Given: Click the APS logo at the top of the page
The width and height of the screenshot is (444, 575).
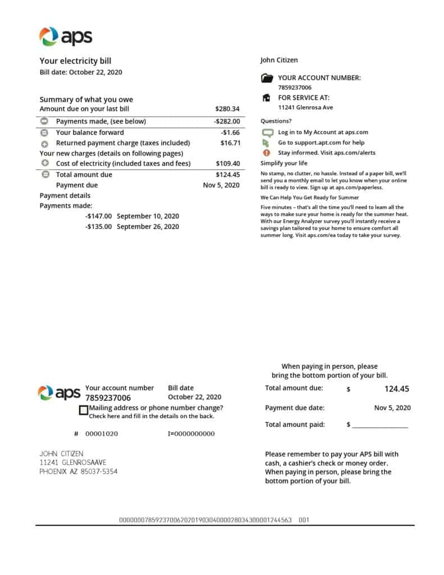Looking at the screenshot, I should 65,36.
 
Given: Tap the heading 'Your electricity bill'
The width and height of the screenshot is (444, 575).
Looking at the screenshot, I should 79,61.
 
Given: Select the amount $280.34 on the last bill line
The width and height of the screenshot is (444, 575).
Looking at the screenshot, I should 227,109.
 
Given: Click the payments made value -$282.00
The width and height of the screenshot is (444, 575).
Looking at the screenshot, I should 227,121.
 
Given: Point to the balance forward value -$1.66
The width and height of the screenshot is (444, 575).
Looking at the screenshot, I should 230,133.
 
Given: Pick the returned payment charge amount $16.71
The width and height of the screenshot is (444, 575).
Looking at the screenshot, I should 230,143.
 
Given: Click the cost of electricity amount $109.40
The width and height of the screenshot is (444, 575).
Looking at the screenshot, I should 227,164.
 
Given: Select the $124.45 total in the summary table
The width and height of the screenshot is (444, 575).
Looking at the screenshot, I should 227,175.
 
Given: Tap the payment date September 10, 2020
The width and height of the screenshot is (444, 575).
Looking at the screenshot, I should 148,216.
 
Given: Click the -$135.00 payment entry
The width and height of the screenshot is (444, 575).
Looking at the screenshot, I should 98,227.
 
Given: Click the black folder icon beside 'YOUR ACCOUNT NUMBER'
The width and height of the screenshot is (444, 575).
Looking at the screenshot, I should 267,79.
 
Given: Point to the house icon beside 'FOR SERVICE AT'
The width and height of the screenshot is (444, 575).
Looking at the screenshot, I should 267,98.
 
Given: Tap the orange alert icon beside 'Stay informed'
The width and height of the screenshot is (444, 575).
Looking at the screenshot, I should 267,153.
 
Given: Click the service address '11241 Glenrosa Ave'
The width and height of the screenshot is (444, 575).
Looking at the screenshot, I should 305,107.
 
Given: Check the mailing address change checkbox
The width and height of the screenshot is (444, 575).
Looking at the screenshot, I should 84,410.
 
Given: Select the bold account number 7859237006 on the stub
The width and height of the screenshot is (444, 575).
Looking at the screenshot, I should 108,398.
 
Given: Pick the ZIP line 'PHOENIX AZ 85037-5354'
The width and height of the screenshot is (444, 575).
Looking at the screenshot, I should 79,472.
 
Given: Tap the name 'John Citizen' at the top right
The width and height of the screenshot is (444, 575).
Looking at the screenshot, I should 279,60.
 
